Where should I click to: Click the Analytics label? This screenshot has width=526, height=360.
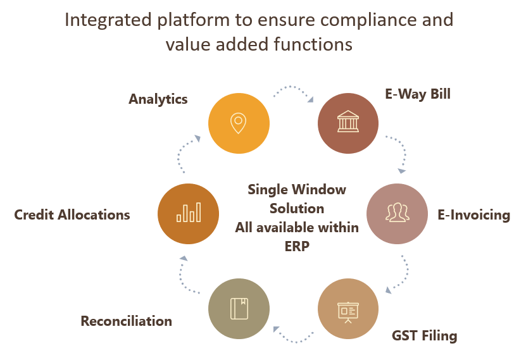click(158, 99)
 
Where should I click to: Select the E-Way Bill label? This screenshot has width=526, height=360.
click(418, 94)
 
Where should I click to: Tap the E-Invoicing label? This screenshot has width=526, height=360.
click(473, 214)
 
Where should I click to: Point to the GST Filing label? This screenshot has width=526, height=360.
click(424, 335)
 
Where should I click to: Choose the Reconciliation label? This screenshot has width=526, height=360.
click(127, 321)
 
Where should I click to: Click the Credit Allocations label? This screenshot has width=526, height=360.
click(72, 214)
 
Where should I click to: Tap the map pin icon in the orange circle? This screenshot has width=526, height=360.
click(239, 123)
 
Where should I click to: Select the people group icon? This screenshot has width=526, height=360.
click(398, 214)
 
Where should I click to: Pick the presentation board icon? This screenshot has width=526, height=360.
click(348, 310)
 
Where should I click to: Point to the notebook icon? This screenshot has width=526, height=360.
click(239, 310)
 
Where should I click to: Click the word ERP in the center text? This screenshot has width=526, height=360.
click(297, 246)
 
